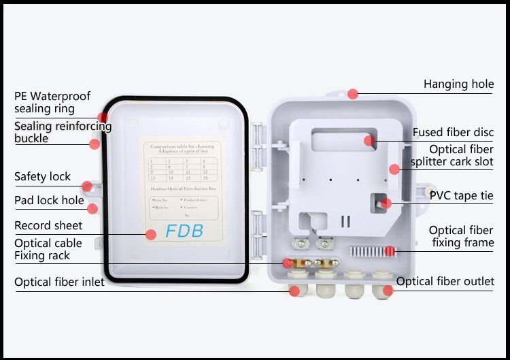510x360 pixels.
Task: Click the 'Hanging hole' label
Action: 458,84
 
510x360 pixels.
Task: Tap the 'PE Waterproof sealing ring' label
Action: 52,102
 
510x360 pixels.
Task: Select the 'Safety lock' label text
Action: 42,177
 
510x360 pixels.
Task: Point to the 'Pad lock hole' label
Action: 49,201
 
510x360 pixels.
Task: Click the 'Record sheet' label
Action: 48,225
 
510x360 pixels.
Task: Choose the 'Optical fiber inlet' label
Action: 59,282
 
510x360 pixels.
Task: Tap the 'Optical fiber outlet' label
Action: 445,282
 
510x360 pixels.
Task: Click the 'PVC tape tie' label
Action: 461,195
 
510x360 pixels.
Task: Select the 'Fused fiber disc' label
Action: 453,132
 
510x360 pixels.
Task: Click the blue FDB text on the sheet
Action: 184,231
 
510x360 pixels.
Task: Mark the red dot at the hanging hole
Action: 352,94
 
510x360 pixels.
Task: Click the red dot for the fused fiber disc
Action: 369,141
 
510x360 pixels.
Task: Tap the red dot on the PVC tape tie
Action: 386,203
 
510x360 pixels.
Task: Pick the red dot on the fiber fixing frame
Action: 390,251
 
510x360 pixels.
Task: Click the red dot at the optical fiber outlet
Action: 388,291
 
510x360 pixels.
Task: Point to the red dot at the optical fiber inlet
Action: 294,291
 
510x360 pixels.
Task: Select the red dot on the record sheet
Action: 151,235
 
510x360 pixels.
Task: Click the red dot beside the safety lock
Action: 87,186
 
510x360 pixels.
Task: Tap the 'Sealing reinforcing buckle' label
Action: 63,132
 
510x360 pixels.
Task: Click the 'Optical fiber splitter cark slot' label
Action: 452,156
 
